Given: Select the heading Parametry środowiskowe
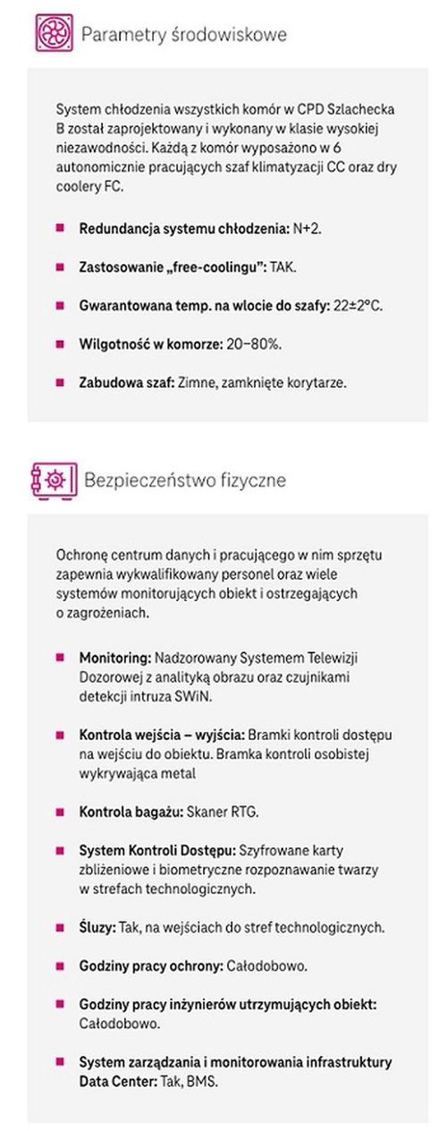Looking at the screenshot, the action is point(184,35).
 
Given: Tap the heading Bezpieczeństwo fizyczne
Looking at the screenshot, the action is point(185,480).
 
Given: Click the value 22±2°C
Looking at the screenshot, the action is point(357,305).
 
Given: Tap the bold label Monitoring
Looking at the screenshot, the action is point(116,658).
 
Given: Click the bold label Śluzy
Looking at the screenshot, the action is point(97,928).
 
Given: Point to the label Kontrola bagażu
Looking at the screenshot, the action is point(131,812).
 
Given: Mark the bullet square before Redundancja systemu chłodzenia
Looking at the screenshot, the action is point(60,229).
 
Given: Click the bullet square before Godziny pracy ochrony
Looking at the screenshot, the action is point(60,966).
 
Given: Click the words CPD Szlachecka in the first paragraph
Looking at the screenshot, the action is point(342,108).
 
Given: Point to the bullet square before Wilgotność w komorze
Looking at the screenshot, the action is point(60,344).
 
